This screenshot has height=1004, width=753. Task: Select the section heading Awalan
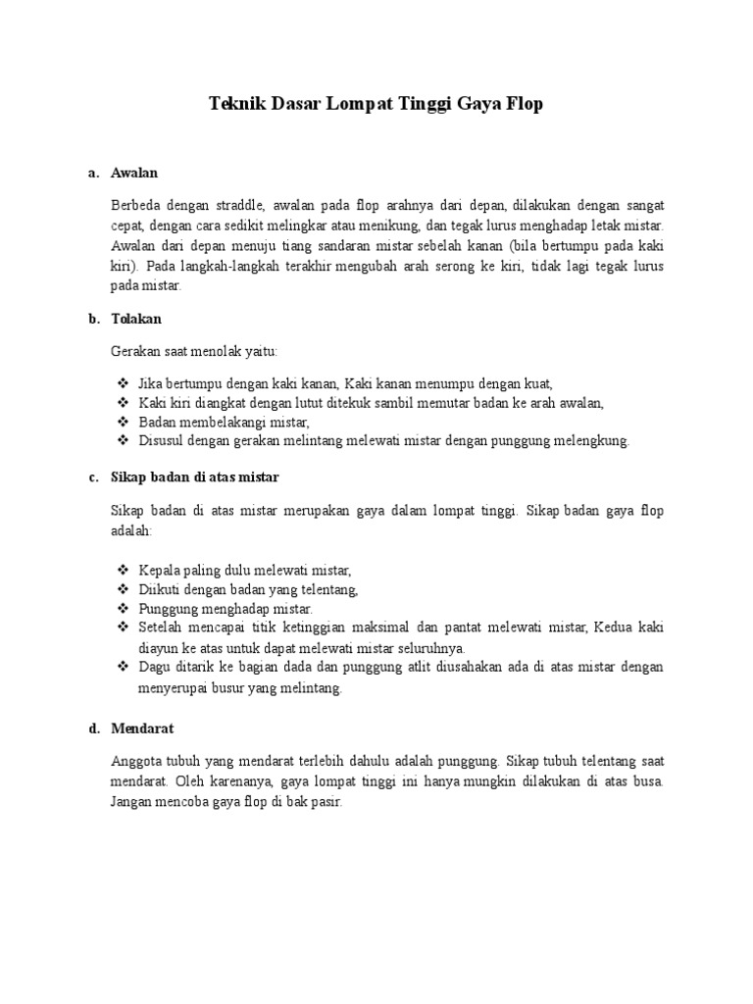coord(134,173)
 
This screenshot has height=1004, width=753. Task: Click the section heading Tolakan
coord(137,319)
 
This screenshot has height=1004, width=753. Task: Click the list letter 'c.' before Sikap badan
coord(93,477)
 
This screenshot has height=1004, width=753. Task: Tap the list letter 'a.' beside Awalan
coord(93,173)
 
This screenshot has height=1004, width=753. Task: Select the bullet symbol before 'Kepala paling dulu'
coord(123,570)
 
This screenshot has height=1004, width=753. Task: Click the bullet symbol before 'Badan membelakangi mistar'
coord(123,422)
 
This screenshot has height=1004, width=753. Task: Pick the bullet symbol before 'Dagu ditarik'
coord(123,667)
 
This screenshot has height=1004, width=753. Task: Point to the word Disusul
coord(161,440)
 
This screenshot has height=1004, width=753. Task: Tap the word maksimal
coord(438,627)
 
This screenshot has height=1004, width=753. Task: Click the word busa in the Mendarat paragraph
coord(647,780)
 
